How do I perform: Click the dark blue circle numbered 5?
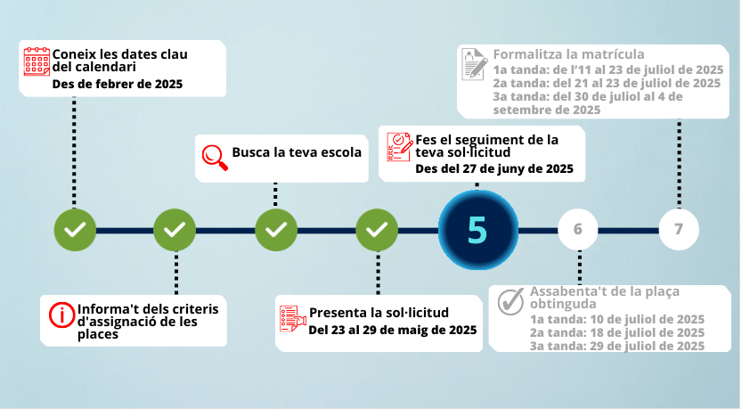point(478,230)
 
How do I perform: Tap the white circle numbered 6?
point(578,229)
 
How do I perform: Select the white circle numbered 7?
point(679,229)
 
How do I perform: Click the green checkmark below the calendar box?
point(75,230)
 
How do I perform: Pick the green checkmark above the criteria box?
point(175,230)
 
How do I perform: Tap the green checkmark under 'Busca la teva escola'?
point(276,230)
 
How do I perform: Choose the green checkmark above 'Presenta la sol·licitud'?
point(377,230)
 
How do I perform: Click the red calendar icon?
point(37,61)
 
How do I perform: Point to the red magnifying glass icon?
point(215,157)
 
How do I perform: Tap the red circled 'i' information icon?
point(62,315)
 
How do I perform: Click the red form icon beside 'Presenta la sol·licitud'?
point(292,319)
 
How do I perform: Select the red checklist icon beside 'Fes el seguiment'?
point(400,147)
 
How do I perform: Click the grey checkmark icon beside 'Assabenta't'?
point(511,301)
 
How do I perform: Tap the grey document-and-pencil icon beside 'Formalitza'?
point(475,64)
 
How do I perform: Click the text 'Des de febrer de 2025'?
point(118,85)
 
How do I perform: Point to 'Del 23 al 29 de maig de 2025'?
point(393,330)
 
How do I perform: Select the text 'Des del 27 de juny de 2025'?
point(494,169)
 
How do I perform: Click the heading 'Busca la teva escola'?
point(297,152)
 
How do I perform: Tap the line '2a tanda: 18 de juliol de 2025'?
point(617,332)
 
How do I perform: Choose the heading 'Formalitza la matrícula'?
point(569,54)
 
